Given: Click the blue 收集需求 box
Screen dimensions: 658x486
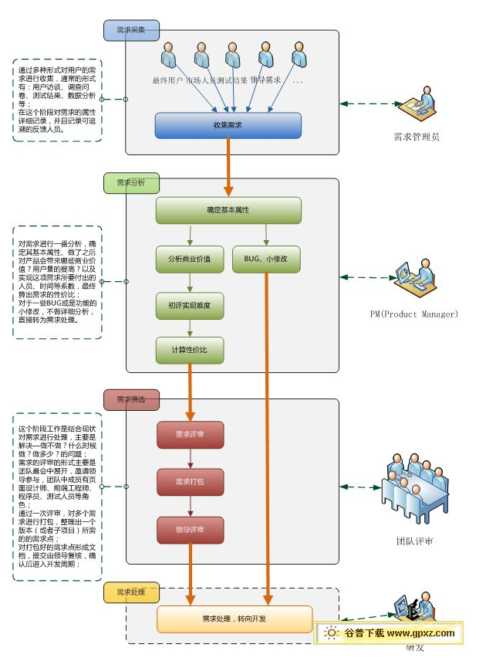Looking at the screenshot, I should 228,125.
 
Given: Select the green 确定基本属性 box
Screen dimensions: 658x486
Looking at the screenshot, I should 228,210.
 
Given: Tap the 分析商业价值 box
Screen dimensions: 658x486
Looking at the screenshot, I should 189,259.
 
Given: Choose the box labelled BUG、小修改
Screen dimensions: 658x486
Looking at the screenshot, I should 265,259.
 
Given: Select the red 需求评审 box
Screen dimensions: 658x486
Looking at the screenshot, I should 190,435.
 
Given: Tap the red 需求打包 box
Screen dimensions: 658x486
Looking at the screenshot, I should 190,482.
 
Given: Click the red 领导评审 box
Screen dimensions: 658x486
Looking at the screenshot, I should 190,530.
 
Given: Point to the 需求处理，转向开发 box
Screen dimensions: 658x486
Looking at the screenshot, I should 235,619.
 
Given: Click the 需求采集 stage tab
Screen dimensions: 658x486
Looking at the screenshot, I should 132,30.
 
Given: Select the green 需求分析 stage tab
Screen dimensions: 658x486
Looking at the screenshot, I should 132,183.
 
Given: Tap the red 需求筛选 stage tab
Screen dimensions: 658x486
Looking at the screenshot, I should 132,399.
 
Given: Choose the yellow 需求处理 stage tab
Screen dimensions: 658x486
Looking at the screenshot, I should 132,592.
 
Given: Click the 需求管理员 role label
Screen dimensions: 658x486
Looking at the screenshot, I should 416,137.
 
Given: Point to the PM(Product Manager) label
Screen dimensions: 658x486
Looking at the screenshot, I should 414,314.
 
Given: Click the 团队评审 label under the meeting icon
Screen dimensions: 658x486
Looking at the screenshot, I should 414,541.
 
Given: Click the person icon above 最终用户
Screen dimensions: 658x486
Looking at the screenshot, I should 170,56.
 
